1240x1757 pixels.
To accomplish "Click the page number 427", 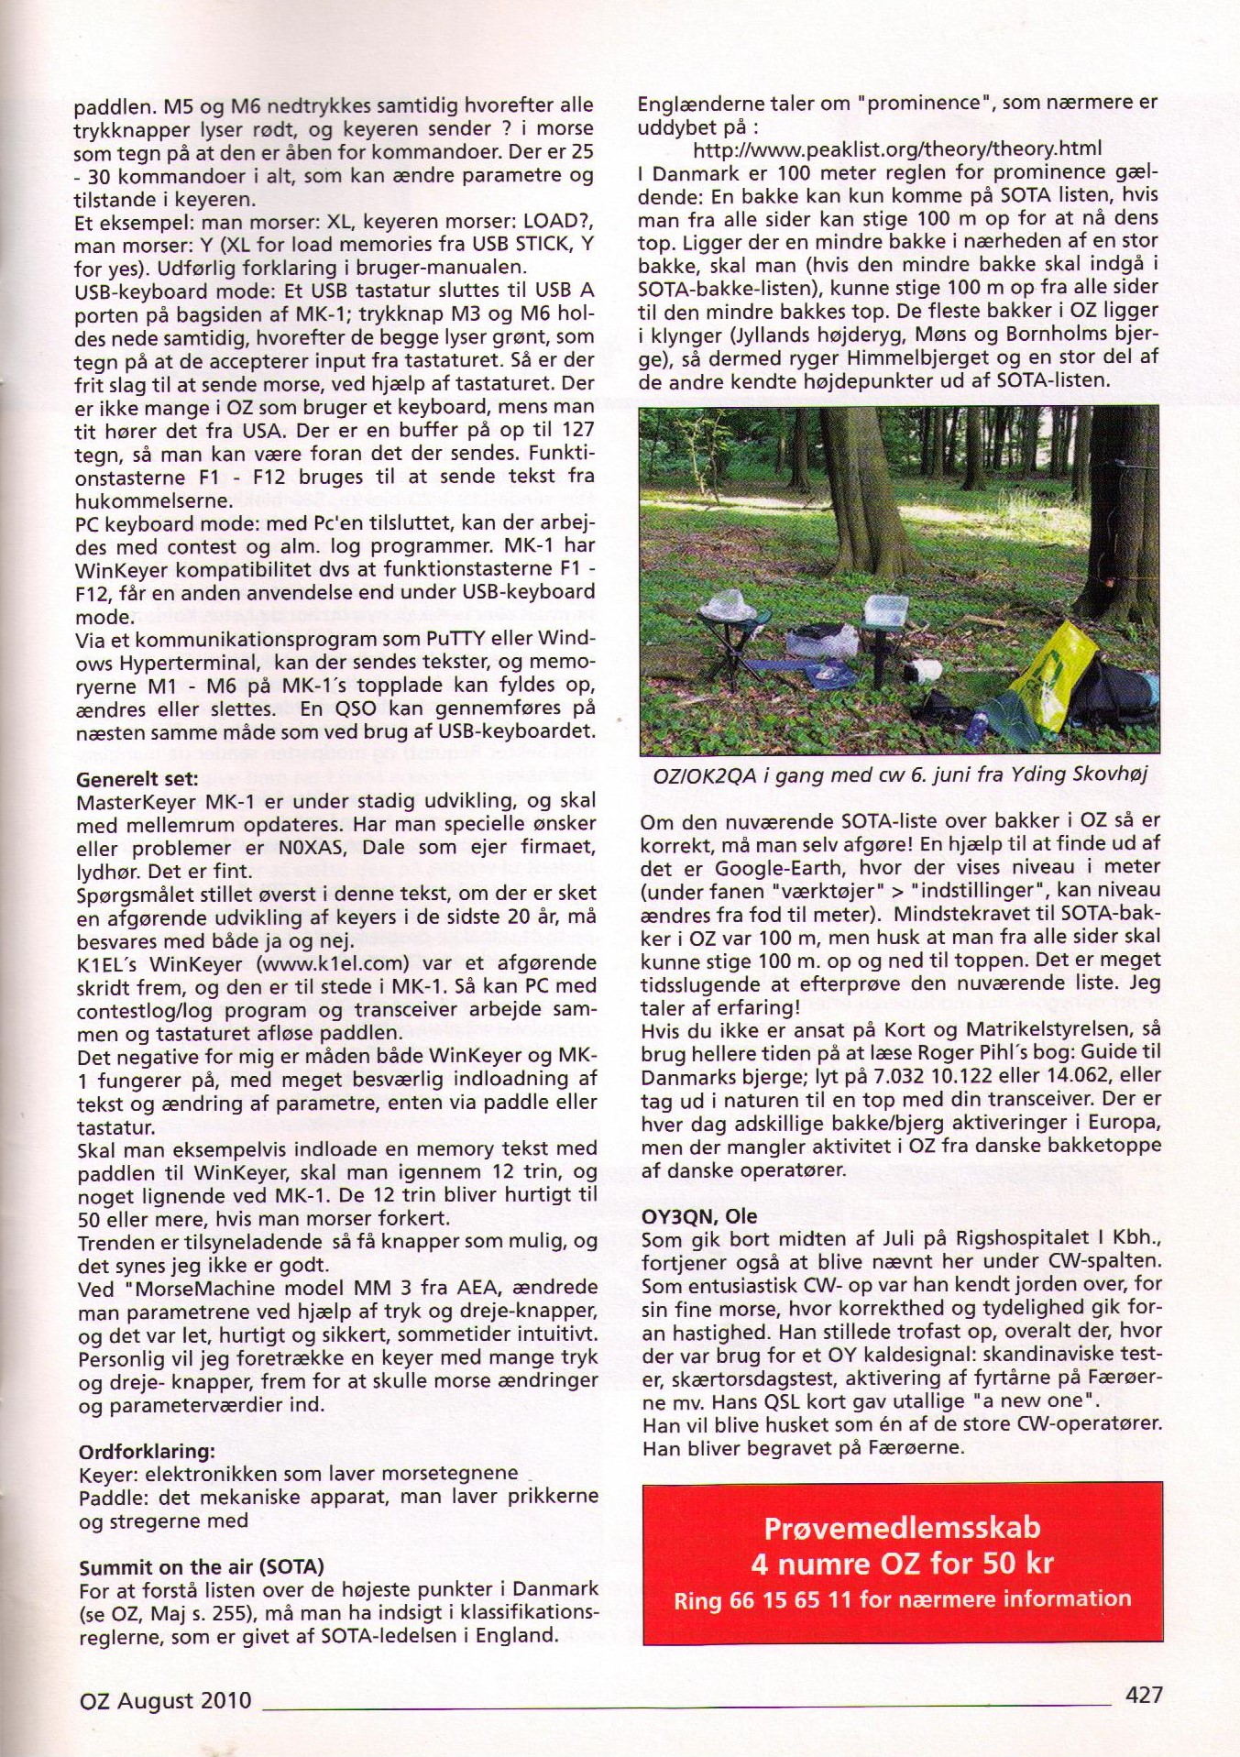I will [1143, 1695].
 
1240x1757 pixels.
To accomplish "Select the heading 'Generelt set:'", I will [137, 779].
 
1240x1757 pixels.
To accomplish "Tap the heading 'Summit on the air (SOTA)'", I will [202, 1566].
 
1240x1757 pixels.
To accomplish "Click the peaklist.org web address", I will [896, 148].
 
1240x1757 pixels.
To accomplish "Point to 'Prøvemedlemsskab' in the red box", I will [902, 1528].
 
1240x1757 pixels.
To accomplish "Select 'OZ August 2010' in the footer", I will [165, 1701].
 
